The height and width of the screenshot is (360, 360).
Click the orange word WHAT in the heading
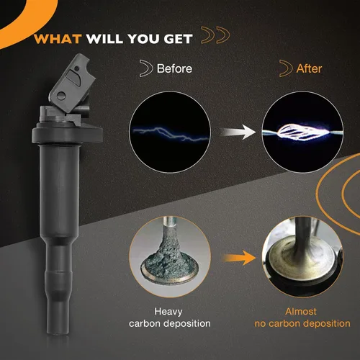pos(58,39)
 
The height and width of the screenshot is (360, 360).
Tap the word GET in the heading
pos(178,39)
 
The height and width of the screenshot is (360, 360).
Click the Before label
pos(174,68)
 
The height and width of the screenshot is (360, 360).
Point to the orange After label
pos(309,68)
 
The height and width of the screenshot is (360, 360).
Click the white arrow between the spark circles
pos(238,132)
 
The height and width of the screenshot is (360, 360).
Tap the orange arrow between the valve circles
pos(240,258)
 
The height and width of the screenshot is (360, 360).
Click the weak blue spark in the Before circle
pos(171,133)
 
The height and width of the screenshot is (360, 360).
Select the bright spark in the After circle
pos(302,132)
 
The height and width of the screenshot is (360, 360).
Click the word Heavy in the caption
pos(168,312)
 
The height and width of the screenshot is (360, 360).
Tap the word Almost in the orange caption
pos(301,312)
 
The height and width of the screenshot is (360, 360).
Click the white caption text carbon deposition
pos(170,323)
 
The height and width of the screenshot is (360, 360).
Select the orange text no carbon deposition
pos(302,323)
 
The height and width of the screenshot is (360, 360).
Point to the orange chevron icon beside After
pos(286,68)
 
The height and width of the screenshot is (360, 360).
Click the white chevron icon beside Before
pos(146,68)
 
